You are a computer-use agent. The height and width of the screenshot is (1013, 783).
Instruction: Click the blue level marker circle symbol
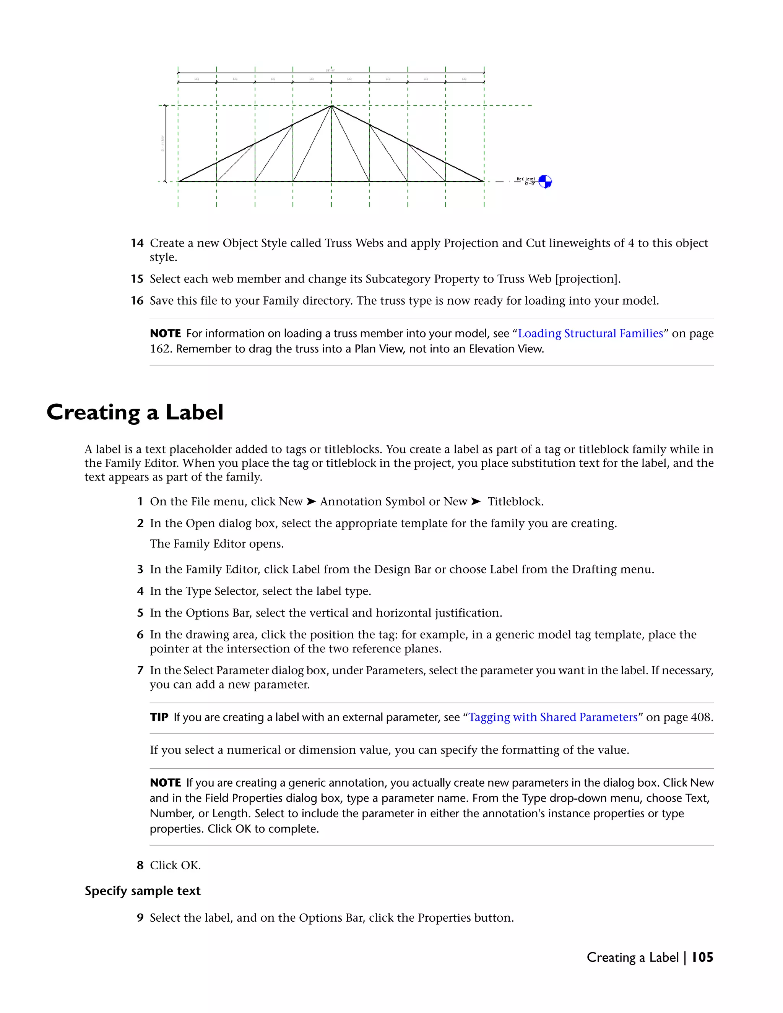[545, 181]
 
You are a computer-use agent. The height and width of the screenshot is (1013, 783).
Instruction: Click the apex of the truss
[331, 106]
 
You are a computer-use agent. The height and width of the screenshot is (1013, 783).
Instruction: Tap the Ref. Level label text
[526, 179]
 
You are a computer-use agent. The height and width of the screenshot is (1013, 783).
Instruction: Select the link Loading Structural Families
[590, 333]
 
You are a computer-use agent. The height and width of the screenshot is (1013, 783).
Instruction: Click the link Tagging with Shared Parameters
[553, 717]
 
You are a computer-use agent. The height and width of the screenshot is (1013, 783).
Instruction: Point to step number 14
[137, 243]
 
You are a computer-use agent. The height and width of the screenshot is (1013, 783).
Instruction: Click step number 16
[137, 300]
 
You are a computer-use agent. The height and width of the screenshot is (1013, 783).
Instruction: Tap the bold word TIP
[159, 717]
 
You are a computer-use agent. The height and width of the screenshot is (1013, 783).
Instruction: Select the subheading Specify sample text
[142, 891]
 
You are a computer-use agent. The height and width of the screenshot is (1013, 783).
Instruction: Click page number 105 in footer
[702, 957]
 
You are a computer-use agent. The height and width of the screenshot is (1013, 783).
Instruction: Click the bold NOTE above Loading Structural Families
[165, 333]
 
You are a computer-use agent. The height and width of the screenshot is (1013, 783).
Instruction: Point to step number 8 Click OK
[140, 865]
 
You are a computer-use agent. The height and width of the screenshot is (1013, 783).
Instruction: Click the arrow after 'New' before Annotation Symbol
[311, 502]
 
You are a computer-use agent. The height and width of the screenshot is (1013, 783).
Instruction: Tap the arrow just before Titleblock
[476, 502]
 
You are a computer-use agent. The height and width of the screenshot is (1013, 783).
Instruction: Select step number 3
[140, 569]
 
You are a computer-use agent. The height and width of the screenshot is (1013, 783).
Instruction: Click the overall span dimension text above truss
[330, 70]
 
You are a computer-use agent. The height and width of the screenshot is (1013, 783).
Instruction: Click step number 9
[140, 917]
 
